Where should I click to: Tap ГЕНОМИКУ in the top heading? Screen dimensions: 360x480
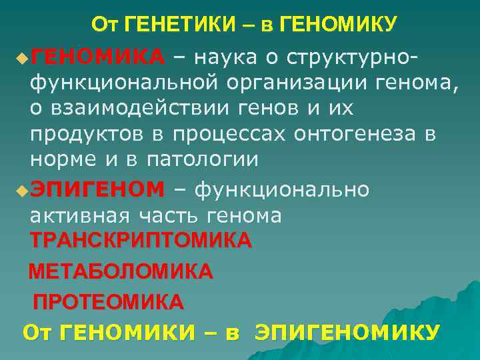coord(339,25)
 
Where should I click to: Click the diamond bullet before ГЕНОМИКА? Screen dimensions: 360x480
coord(23,59)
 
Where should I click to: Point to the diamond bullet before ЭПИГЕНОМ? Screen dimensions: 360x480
coord(23,191)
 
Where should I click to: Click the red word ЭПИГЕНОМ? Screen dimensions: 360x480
coord(97,189)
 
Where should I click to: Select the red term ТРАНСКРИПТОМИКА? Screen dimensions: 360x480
coord(141,241)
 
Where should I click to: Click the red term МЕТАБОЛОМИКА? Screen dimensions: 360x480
coord(121,271)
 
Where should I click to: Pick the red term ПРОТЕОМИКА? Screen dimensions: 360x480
coord(108,302)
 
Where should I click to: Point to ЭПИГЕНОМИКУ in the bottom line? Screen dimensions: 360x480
coord(347,332)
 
